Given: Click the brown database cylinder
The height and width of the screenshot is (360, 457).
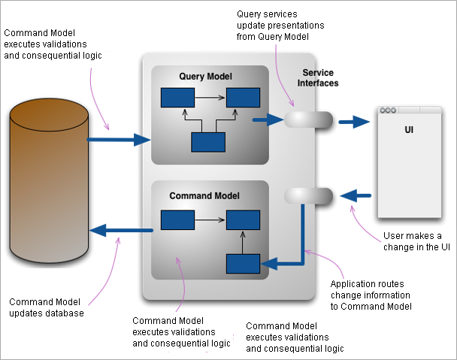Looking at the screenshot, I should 49,181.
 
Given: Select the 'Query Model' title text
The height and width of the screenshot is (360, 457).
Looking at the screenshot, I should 205,77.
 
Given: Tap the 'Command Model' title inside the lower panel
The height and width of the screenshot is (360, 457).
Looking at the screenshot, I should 204,195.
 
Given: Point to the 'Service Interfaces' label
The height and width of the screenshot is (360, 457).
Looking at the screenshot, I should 320,78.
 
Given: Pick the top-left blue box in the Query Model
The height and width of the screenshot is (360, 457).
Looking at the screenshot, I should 177,98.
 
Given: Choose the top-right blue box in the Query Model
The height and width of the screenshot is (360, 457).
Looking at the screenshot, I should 244,98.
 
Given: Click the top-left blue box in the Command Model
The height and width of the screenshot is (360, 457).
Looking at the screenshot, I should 177,220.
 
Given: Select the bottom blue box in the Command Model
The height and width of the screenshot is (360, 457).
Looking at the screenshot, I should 244,264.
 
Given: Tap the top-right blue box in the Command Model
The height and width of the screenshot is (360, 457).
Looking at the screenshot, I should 244,220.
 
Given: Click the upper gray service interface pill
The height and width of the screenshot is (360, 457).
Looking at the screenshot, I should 309,120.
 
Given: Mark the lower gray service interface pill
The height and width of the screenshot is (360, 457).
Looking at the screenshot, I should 309,195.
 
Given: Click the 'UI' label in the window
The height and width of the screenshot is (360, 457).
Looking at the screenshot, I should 410,130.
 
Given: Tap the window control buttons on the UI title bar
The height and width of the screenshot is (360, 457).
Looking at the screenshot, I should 388,110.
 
